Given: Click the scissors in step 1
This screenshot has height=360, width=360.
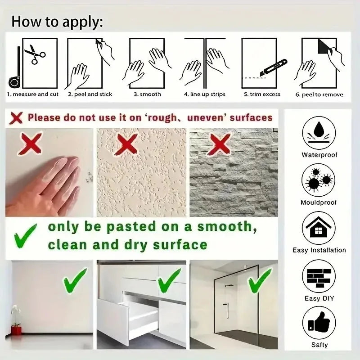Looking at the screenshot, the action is (x=35, y=54).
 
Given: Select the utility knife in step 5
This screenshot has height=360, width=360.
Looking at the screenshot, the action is (x=274, y=67).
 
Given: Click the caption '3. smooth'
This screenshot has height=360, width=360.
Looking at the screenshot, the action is (x=148, y=94).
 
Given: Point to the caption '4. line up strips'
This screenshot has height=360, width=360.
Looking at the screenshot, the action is (x=205, y=94).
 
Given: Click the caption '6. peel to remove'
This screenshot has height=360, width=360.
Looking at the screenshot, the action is (x=319, y=94).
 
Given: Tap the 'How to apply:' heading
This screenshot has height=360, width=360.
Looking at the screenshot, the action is (x=57, y=22).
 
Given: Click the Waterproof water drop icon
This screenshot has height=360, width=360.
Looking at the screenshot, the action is (x=319, y=133).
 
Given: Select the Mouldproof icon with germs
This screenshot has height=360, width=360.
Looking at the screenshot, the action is (x=318, y=180).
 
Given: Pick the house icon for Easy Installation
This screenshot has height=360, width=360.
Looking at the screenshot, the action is (x=319, y=228).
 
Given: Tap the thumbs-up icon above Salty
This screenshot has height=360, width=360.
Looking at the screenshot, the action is (x=319, y=323).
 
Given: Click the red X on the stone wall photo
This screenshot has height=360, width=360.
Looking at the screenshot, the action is (x=219, y=144).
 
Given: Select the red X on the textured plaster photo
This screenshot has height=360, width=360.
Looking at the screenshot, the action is (x=127, y=144).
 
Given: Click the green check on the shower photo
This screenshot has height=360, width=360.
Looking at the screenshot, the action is (x=260, y=280).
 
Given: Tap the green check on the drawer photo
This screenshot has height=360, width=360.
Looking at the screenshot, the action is (x=169, y=280).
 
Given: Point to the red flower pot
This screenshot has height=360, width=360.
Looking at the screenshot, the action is (x=16, y=330).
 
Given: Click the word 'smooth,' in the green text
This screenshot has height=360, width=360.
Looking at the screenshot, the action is (x=227, y=227).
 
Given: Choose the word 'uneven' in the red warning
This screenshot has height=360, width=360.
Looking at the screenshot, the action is (x=207, y=118).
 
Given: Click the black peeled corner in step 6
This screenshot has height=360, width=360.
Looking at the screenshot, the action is (x=324, y=46).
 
